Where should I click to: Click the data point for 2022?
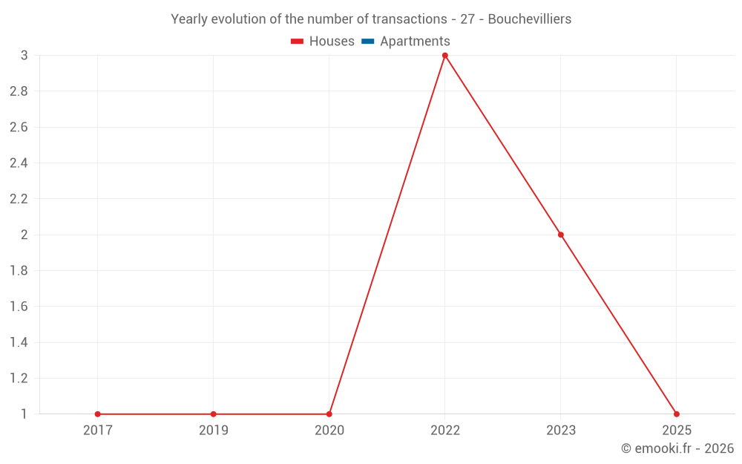pos(445,56)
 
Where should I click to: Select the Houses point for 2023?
pos(561,235)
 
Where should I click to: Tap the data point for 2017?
pos(98,414)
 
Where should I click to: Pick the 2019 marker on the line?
pos(214,414)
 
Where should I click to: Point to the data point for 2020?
pos(329,414)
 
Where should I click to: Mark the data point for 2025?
pos(677,414)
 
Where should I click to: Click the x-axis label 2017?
pos(98,431)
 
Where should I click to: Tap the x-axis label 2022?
pos(445,431)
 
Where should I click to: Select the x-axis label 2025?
pos(677,431)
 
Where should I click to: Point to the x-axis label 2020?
pos(329,431)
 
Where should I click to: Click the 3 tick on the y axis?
pos(24,56)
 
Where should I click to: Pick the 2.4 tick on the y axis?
pos(19,163)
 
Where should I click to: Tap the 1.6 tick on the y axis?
pos(19,307)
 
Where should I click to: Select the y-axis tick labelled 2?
pos(24,235)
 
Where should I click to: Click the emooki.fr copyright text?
pos(677,448)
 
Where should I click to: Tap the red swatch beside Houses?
pos(298,42)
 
